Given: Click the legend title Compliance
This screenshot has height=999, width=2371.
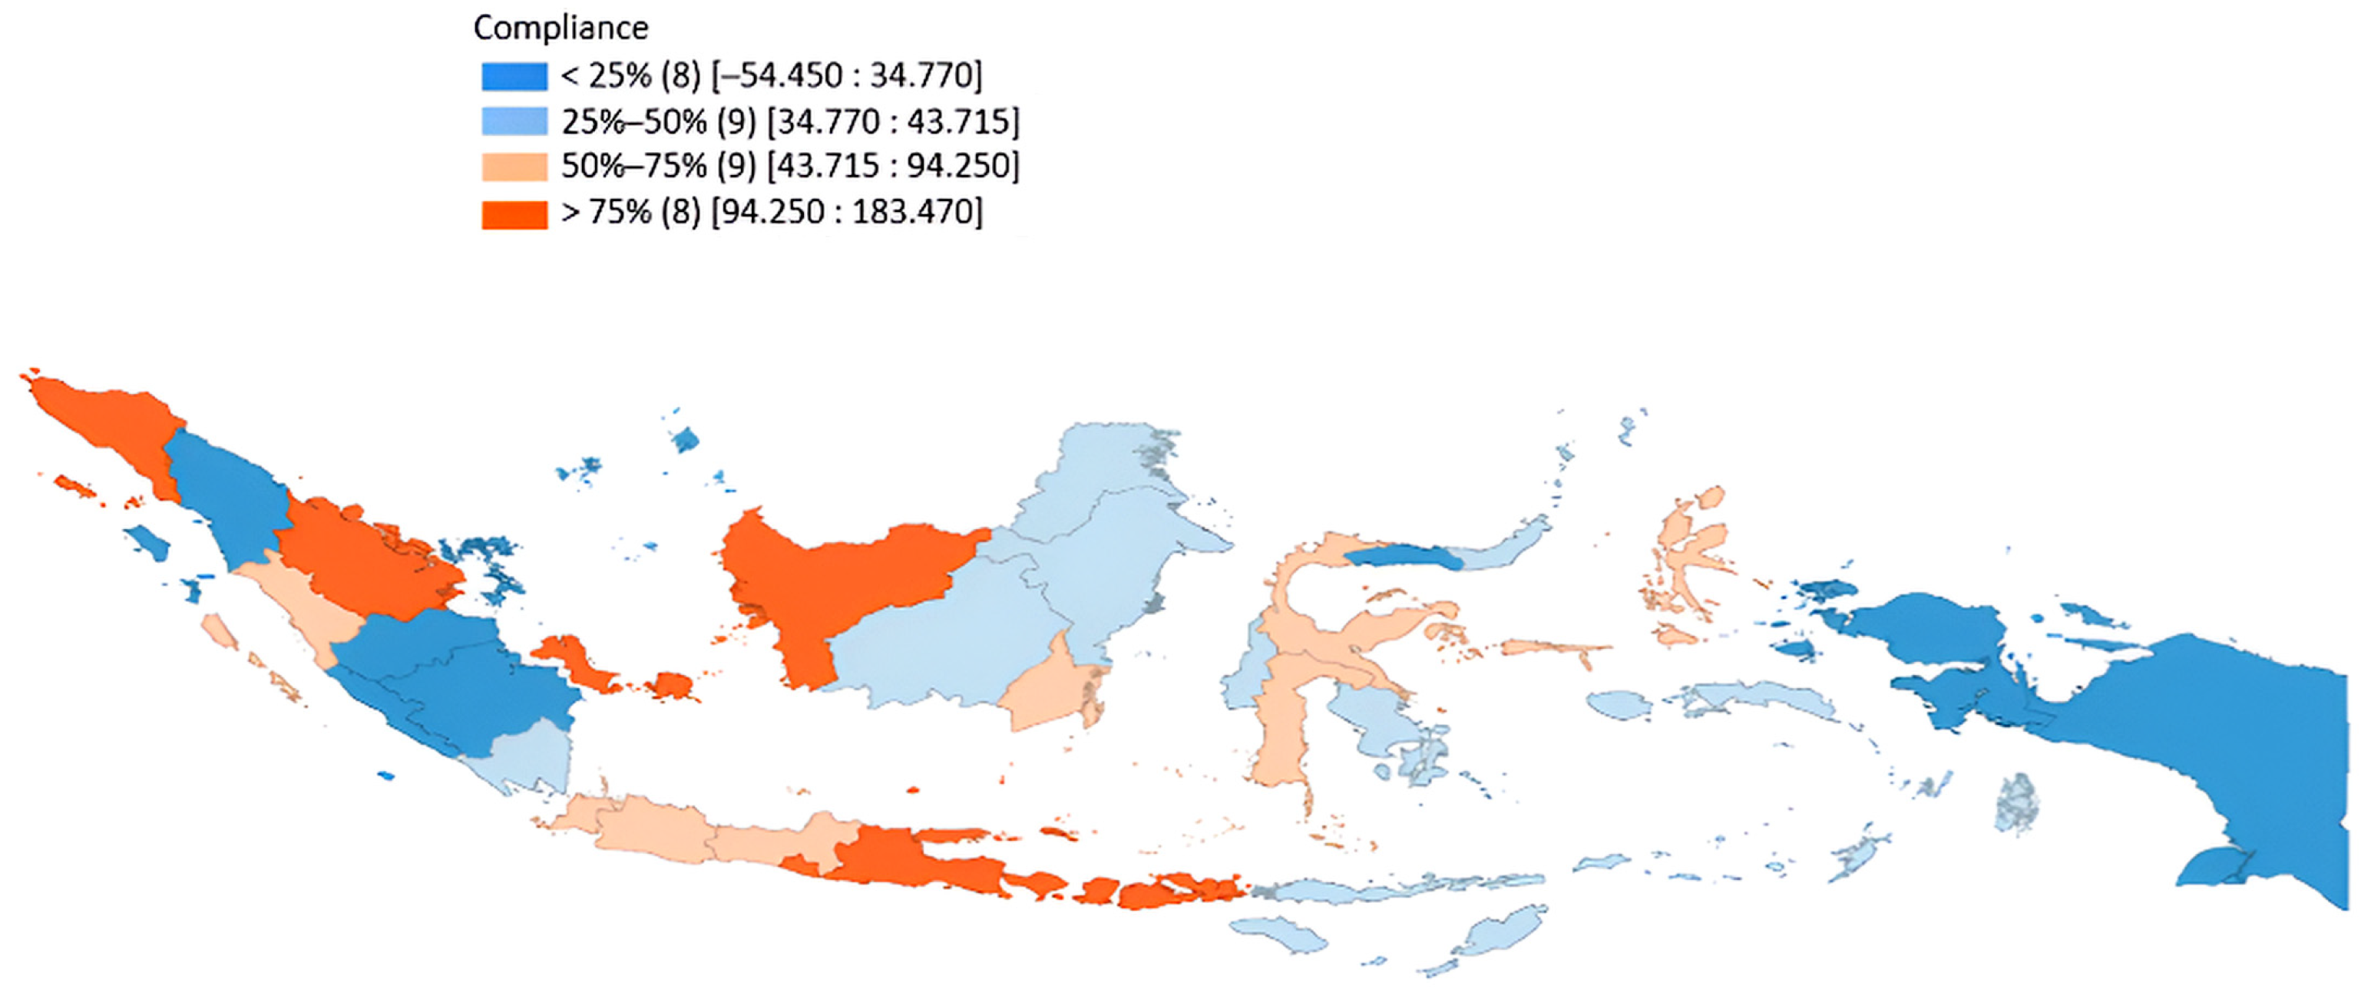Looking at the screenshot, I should click(x=560, y=28).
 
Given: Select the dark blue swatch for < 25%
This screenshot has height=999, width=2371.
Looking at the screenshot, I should click(x=514, y=75).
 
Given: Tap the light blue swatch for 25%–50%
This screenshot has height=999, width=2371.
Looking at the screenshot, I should click(x=514, y=121).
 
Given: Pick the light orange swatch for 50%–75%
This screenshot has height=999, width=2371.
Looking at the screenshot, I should click(x=514, y=166).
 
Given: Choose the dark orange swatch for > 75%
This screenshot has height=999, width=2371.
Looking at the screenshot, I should click(x=514, y=213).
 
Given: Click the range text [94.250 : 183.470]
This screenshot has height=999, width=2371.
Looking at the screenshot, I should click(x=847, y=213).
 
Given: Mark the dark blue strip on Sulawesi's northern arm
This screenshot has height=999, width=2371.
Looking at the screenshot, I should click(x=1399, y=555).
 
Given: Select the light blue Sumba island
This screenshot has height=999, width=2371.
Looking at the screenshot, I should click(x=1279, y=933).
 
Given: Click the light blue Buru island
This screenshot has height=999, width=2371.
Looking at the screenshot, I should click(x=1620, y=704).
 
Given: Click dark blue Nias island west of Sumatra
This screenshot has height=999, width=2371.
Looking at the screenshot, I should click(x=147, y=542).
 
